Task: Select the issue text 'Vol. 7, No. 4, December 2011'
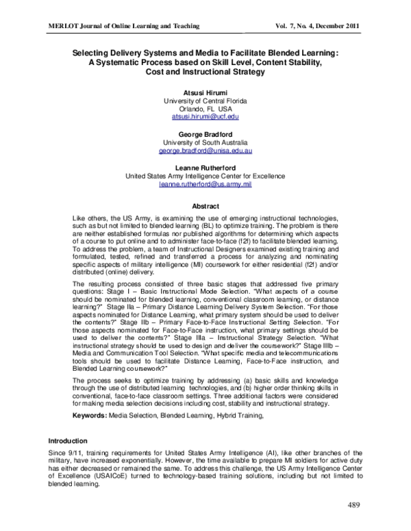coord(317,25)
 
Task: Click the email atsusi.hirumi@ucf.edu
coord(206,117)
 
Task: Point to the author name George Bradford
coord(206,134)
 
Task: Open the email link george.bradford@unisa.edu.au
coord(206,151)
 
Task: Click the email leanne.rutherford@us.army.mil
coord(206,184)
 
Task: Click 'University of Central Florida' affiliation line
coord(206,101)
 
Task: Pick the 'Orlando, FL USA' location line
coord(206,109)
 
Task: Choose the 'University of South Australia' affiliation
coord(206,142)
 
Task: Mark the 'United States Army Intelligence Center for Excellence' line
coord(206,176)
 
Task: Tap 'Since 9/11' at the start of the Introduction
coord(64,453)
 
